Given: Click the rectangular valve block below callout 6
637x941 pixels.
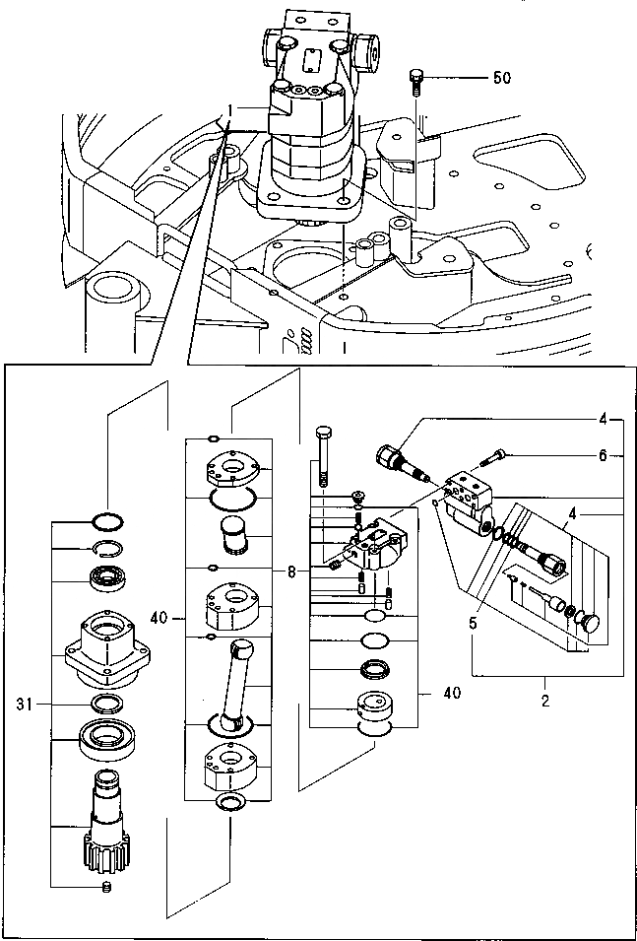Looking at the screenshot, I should pos(468,496).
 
